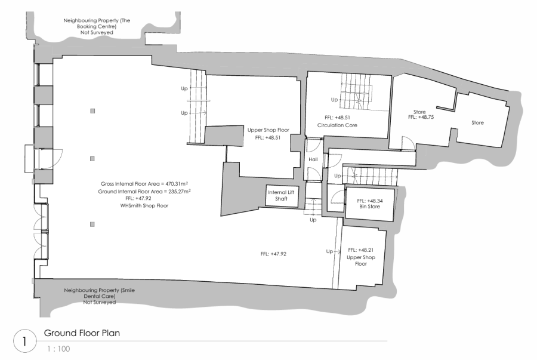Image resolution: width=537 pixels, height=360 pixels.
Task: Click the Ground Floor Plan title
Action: pos(82,333)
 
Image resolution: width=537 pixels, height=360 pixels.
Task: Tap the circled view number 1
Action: pos(24,341)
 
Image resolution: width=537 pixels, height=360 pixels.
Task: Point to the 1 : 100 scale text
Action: pos(58,349)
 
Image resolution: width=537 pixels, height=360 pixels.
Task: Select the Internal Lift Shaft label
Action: pos(281,196)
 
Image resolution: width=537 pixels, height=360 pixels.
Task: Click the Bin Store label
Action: pos(369,207)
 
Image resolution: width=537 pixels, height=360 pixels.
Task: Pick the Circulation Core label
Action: pos(337,125)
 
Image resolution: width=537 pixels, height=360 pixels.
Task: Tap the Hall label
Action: pos(313,159)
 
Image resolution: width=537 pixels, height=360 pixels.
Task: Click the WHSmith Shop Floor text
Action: pos(144,206)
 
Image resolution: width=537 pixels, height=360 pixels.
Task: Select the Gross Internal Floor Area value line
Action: pos(144,184)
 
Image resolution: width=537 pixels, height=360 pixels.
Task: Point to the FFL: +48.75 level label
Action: pos(421,117)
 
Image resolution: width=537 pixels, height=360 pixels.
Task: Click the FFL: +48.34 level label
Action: pos(370,201)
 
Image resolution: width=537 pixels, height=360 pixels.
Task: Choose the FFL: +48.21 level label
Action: pos(360,250)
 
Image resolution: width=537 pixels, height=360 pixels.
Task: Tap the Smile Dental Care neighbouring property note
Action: pos(99,296)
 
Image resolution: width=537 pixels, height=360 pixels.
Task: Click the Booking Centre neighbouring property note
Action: pos(97,26)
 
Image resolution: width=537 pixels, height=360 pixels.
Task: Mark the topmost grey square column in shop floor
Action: pos(92,111)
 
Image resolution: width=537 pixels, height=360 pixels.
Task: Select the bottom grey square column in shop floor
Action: pos(92,224)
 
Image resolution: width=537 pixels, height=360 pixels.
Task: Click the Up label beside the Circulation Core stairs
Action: pos(334,100)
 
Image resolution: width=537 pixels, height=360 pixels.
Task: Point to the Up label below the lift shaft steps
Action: pos(313,220)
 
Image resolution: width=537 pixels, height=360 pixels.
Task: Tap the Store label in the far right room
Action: pos(477,122)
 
